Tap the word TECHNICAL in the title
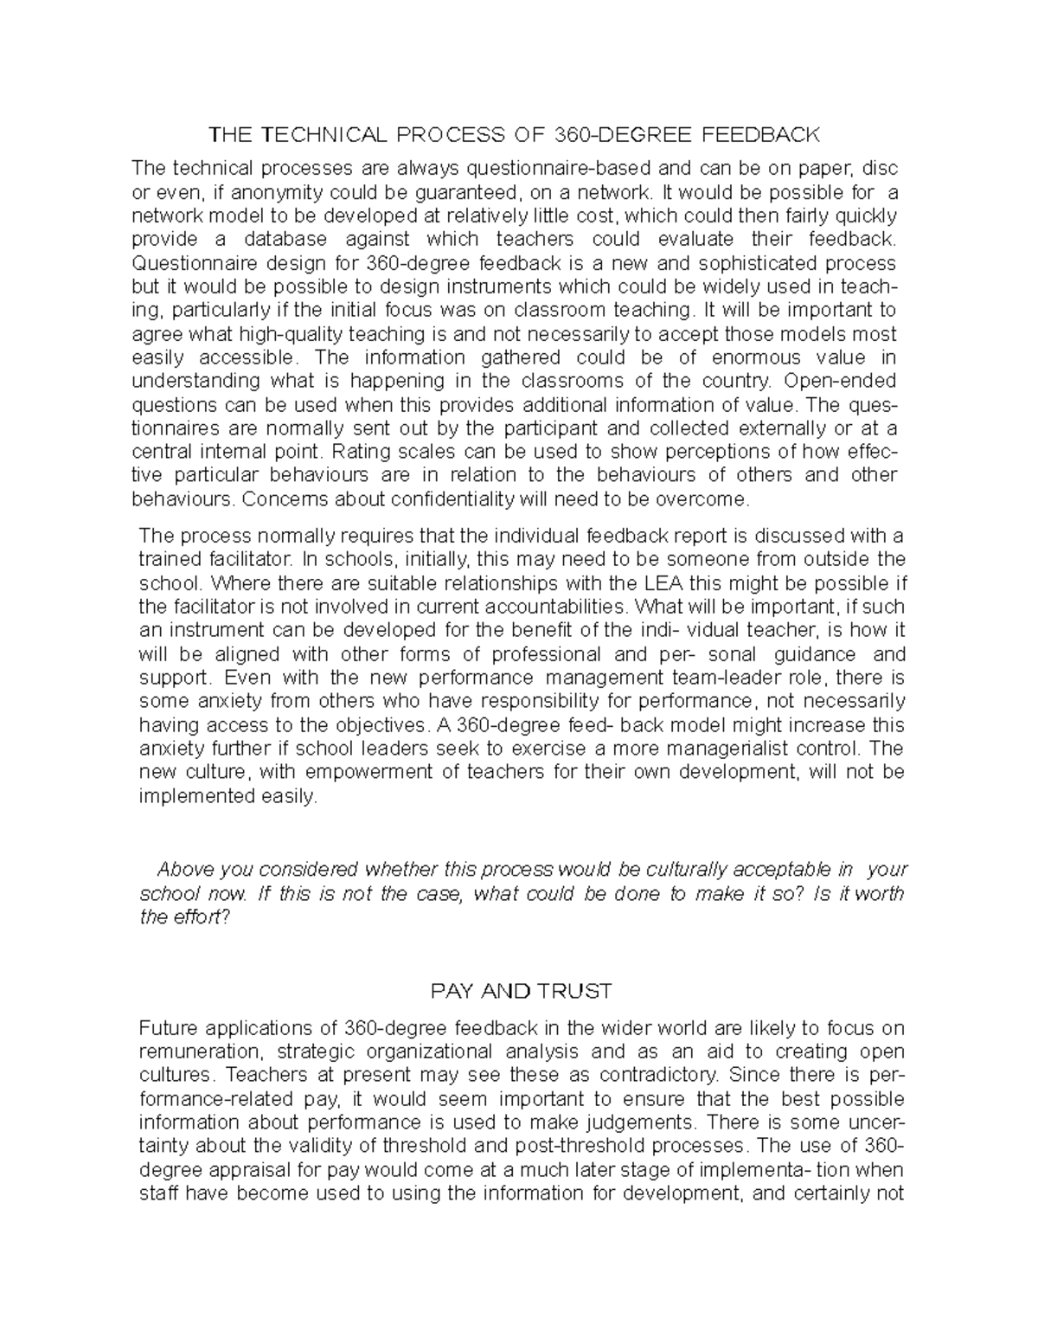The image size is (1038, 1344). point(323,135)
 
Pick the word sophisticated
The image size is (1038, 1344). point(753,263)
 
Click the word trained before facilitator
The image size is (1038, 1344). point(166,558)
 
